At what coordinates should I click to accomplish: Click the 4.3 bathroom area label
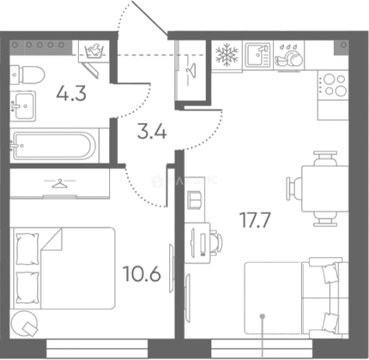tap(71, 93)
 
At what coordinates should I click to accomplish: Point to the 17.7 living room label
tap(255, 220)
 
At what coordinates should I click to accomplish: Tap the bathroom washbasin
tap(23, 106)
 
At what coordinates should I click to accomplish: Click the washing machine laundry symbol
tap(94, 50)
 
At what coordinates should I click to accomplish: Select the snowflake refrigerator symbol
tap(227, 55)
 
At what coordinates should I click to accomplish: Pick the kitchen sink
tap(258, 55)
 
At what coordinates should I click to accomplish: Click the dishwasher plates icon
tap(289, 56)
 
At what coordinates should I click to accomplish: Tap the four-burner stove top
tap(333, 85)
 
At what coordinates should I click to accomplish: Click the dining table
tap(325, 189)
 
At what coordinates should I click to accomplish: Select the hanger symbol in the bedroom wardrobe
tap(60, 183)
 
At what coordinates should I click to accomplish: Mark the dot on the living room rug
tap(263, 316)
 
